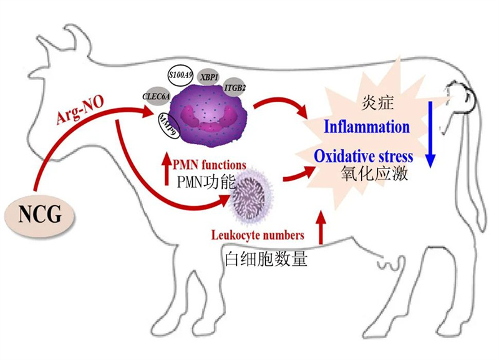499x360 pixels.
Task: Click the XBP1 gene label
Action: coord(208,77)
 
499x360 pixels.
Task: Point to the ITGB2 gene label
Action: coord(236,88)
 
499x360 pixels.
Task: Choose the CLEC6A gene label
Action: coord(156,97)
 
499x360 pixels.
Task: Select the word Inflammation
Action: coord(367,127)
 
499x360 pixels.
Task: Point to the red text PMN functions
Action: coord(211,165)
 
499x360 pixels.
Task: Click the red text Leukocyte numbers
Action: coord(258,235)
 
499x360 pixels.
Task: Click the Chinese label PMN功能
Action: coord(206,183)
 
